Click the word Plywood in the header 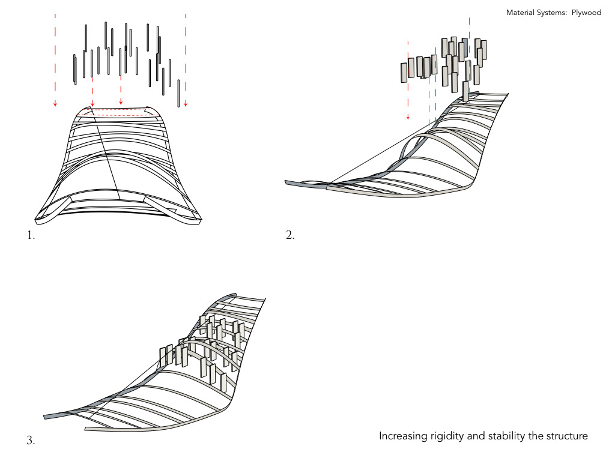586,12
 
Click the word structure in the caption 566,436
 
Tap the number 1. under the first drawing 31,236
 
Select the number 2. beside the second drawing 290,236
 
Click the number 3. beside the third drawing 31,441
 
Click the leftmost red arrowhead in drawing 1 55,104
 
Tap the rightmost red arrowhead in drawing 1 186,104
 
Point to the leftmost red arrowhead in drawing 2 408,118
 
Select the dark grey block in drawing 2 464,48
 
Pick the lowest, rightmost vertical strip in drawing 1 178,93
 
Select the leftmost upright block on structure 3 163,357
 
